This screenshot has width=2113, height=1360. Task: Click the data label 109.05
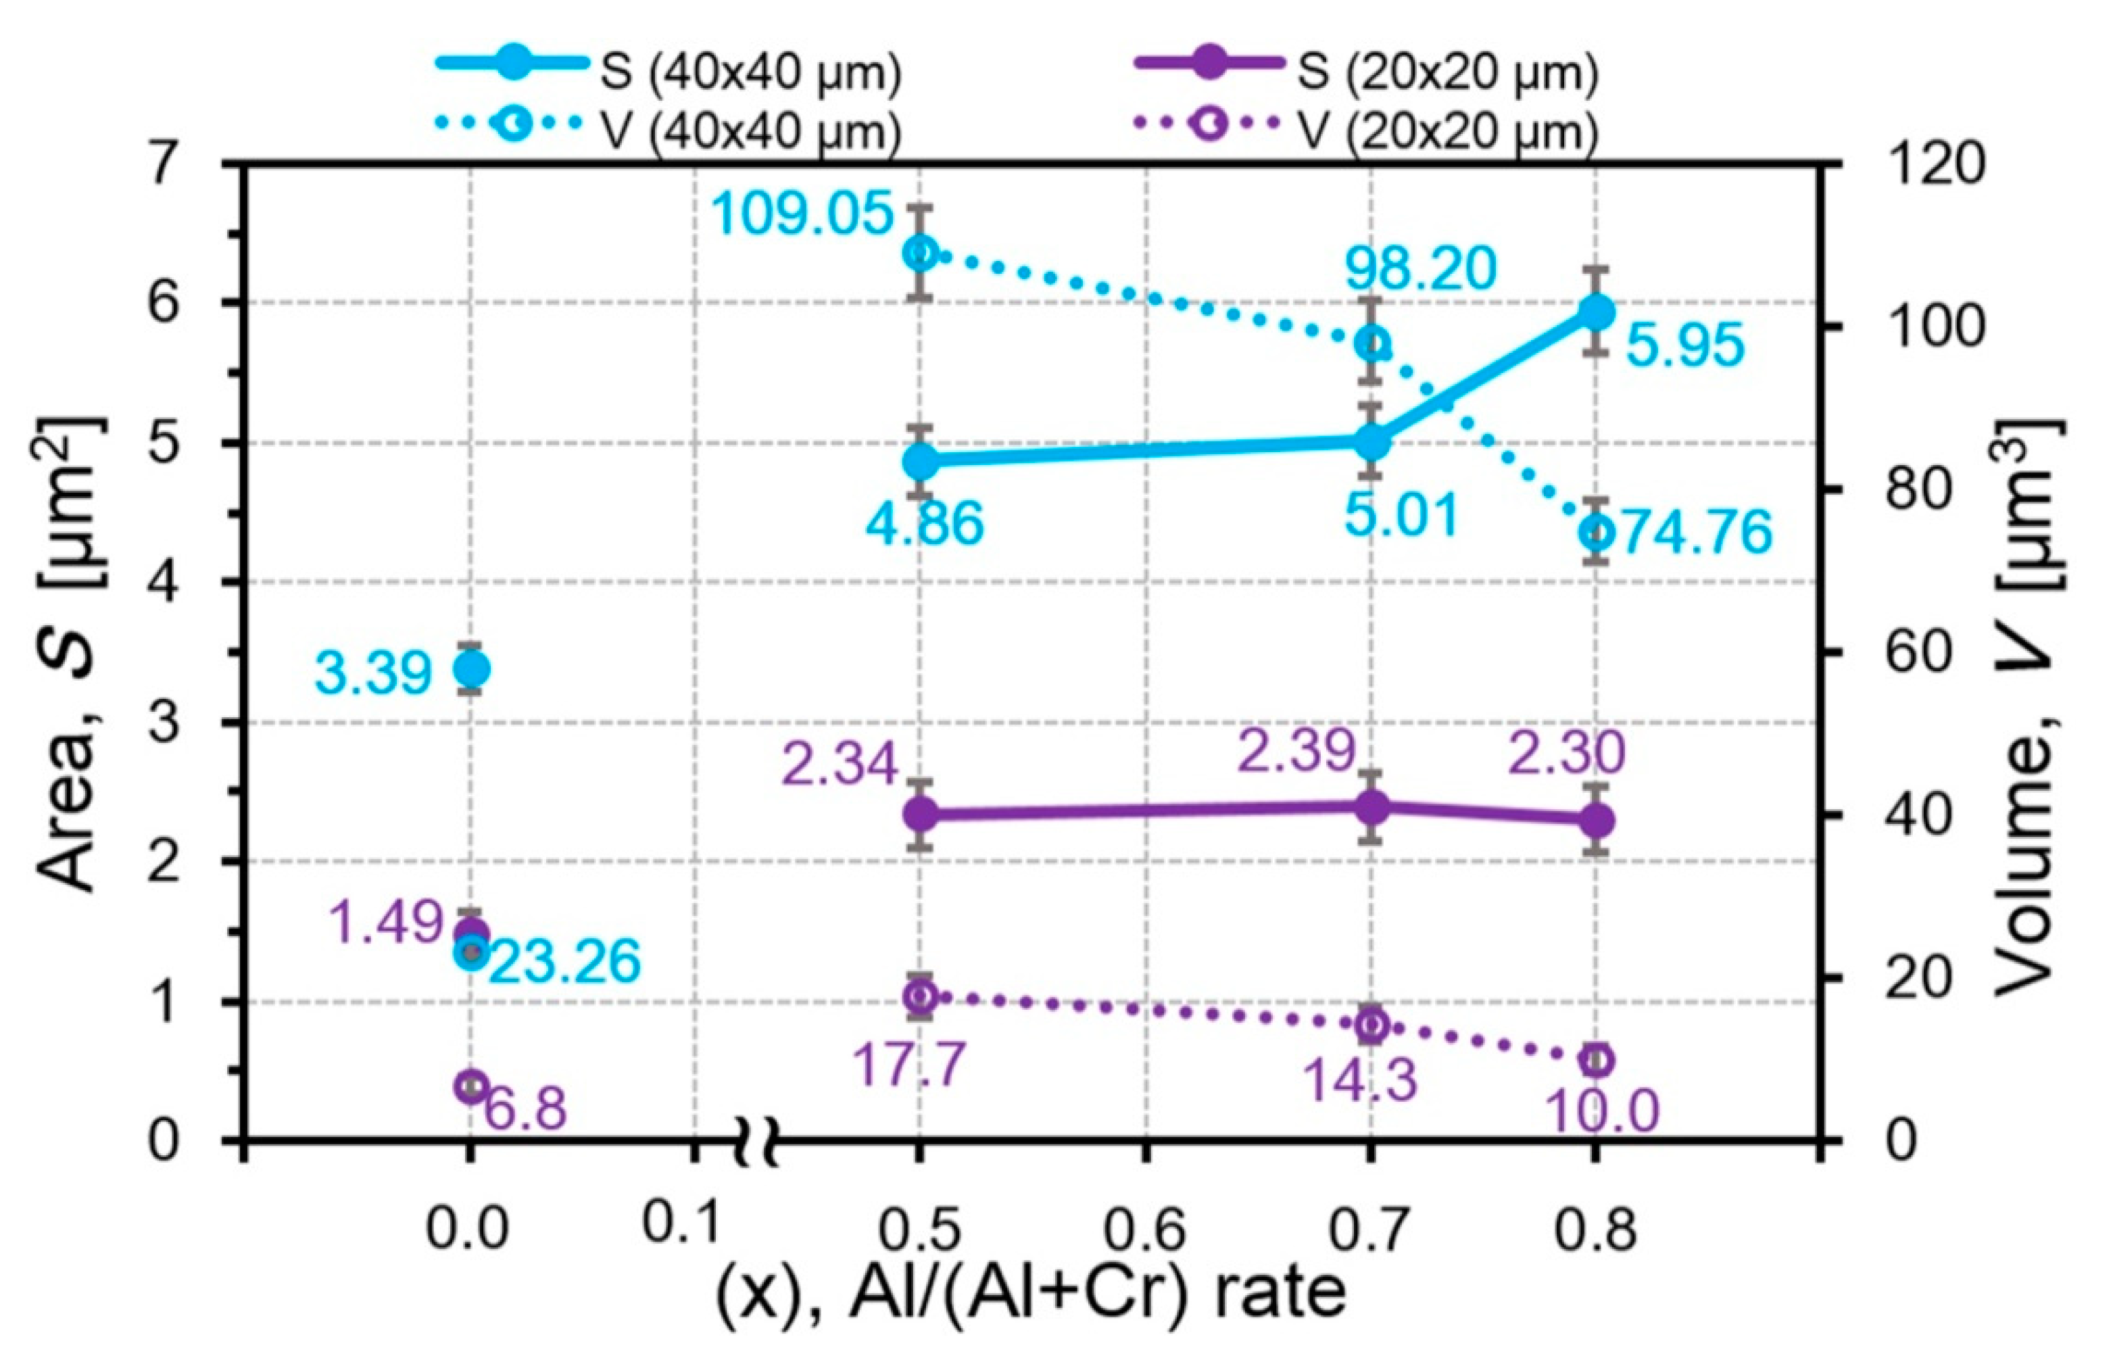tap(801, 214)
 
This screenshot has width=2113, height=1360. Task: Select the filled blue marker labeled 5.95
tap(1597, 312)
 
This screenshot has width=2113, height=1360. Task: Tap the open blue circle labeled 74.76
tap(1597, 533)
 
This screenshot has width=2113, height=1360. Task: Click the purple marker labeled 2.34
tap(921, 813)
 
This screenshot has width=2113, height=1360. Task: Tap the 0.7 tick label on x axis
tap(1370, 1230)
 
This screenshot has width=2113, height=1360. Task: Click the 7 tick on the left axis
tap(164, 165)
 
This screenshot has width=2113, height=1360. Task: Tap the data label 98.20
tap(1420, 268)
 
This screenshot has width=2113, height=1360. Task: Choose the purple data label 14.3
tap(1360, 1079)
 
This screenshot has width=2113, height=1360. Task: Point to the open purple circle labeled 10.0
tap(1597, 1061)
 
